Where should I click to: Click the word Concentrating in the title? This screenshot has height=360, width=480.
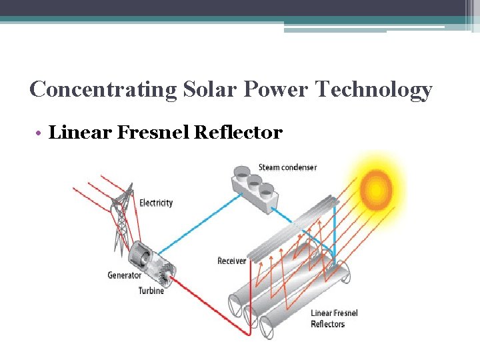(x=103, y=89)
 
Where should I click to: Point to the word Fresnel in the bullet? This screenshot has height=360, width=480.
(x=153, y=133)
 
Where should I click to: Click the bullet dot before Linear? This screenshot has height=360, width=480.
(x=41, y=133)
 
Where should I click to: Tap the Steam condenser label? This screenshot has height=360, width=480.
(x=287, y=167)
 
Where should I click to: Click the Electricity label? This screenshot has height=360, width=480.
(x=156, y=203)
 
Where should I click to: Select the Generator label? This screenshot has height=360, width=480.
(x=124, y=275)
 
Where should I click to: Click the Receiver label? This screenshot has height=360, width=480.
(x=231, y=261)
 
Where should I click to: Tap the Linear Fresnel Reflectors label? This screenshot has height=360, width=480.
(x=334, y=319)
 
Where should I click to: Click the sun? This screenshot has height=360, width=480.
(x=377, y=189)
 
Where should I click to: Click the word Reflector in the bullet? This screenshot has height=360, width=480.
(x=238, y=133)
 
